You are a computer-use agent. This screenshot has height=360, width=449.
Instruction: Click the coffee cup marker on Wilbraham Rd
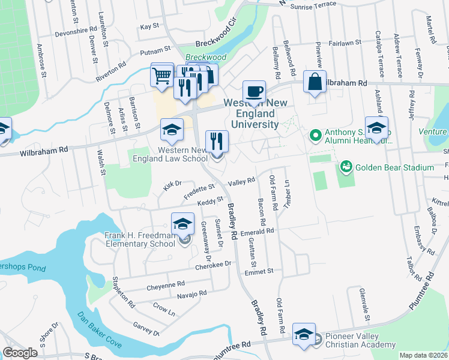coord(254,92)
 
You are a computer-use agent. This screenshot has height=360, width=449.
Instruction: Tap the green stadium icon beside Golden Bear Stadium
coord(346,166)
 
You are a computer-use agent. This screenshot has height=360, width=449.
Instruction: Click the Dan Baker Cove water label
coord(100,330)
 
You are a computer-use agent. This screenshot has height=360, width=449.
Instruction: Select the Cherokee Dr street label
coord(213,265)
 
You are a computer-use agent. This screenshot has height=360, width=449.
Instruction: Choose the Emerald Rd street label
coord(257,230)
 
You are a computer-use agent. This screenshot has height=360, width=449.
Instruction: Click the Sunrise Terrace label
coord(313,5)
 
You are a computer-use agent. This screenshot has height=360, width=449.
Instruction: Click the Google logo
coord(20,353)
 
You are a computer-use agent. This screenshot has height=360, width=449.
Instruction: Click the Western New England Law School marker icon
coord(172,130)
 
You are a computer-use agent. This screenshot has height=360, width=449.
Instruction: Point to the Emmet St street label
coord(259,271)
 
